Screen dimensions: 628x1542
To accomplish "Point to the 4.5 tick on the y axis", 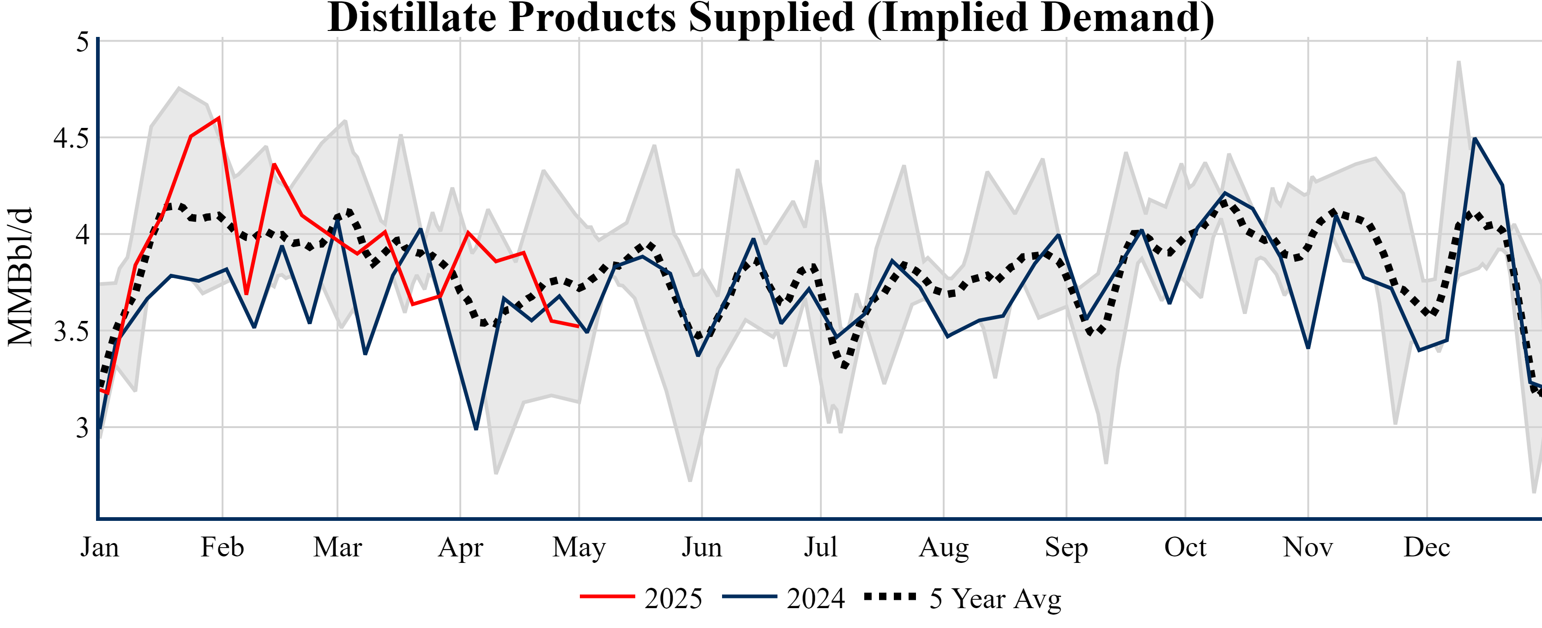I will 71,138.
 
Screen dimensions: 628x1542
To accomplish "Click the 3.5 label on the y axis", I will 71,332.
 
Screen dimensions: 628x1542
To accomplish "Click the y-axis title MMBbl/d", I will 20,277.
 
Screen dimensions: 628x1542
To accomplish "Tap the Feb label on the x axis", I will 222,547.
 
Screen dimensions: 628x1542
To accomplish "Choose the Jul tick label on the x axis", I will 820,547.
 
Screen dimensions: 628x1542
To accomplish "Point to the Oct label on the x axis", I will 1185,547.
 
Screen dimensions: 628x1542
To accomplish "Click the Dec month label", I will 1427,547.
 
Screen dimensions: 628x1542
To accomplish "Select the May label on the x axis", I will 579,547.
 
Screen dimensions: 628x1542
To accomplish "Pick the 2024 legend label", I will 816,598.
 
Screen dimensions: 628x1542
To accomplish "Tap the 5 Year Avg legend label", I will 995,598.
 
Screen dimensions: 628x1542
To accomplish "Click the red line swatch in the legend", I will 607,596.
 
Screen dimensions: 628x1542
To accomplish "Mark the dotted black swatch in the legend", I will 890,596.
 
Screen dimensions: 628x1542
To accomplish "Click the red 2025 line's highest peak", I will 219,117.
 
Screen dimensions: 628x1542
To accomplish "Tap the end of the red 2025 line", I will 578,326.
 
